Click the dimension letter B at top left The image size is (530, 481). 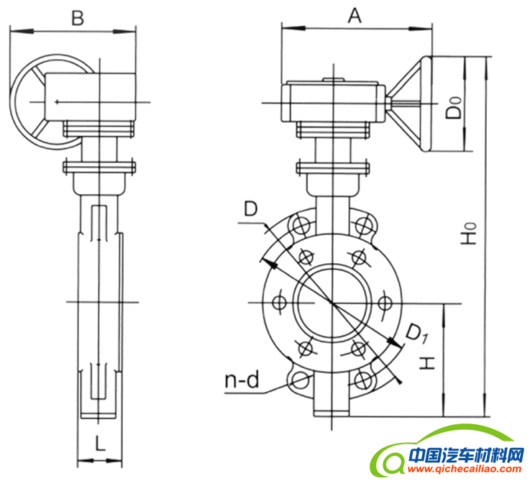pos(77,18)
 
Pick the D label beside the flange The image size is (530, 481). pos(250,209)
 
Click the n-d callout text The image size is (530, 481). pos(239,380)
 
